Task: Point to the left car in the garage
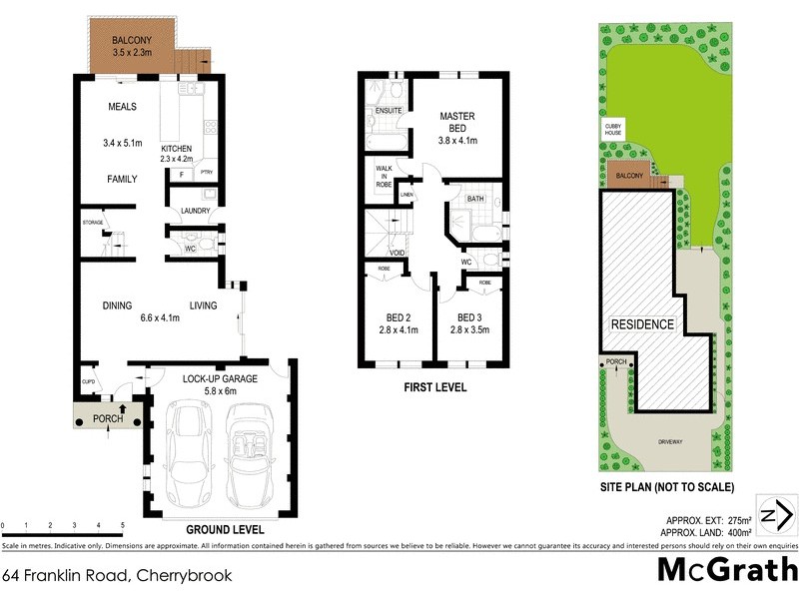pos(189,453)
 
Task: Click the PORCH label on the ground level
pos(107,418)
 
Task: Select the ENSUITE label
pos(389,112)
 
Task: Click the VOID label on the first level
pos(398,254)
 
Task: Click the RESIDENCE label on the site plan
pos(643,324)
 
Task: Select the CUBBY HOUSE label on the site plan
pos(612,131)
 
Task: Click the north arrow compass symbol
pos(775,515)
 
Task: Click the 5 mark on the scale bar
pos(122,524)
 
